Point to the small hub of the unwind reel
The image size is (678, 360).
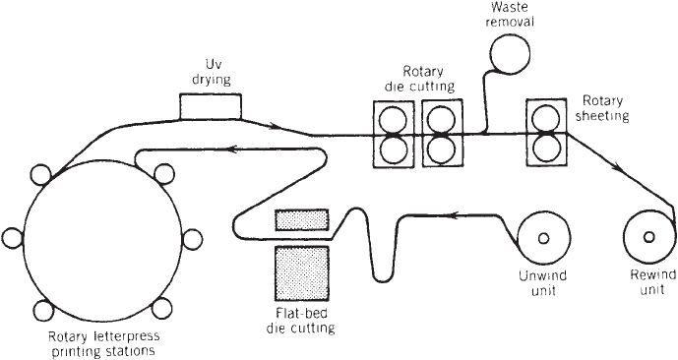(543, 238)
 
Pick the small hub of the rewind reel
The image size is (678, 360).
(649, 237)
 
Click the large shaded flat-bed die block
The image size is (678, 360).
(302, 273)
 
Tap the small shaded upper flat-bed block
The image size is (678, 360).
(302, 219)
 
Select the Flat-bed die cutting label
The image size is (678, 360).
(300, 321)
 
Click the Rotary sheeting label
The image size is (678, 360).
(602, 108)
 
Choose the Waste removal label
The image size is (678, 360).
(510, 14)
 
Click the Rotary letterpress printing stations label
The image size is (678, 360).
(103, 343)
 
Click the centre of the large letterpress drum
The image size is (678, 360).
(102, 241)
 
